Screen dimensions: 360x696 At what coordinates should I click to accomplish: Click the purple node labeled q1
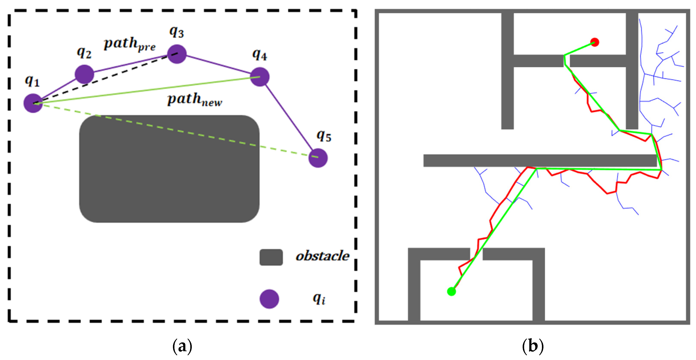pyautogui.click(x=33, y=103)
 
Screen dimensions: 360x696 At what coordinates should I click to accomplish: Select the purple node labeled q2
pyautogui.click(x=84, y=74)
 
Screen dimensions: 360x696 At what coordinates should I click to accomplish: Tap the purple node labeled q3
pyautogui.click(x=177, y=54)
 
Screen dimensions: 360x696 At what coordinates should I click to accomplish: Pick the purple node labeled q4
pyautogui.click(x=260, y=77)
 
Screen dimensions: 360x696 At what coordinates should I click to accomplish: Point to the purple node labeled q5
pyautogui.click(x=318, y=158)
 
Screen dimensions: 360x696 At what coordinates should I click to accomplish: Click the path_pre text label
pyautogui.click(x=130, y=44)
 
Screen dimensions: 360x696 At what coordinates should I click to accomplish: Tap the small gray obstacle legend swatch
pyautogui.click(x=271, y=257)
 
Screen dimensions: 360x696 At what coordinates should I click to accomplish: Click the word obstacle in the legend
pyautogui.click(x=322, y=256)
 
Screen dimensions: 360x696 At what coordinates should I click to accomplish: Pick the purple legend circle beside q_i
pyautogui.click(x=269, y=299)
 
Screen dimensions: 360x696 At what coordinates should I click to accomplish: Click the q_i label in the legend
pyautogui.click(x=319, y=299)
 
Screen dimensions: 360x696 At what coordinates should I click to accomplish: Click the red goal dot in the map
pyautogui.click(x=594, y=42)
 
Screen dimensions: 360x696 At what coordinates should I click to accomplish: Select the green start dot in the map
pyautogui.click(x=451, y=291)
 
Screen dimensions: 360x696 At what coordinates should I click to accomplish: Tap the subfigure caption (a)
pyautogui.click(x=182, y=346)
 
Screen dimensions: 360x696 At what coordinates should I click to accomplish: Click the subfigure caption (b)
pyautogui.click(x=532, y=346)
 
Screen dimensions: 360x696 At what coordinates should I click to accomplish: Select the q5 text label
pyautogui.click(x=324, y=136)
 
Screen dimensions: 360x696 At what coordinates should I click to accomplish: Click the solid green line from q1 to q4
pyautogui.click(x=146, y=90)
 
